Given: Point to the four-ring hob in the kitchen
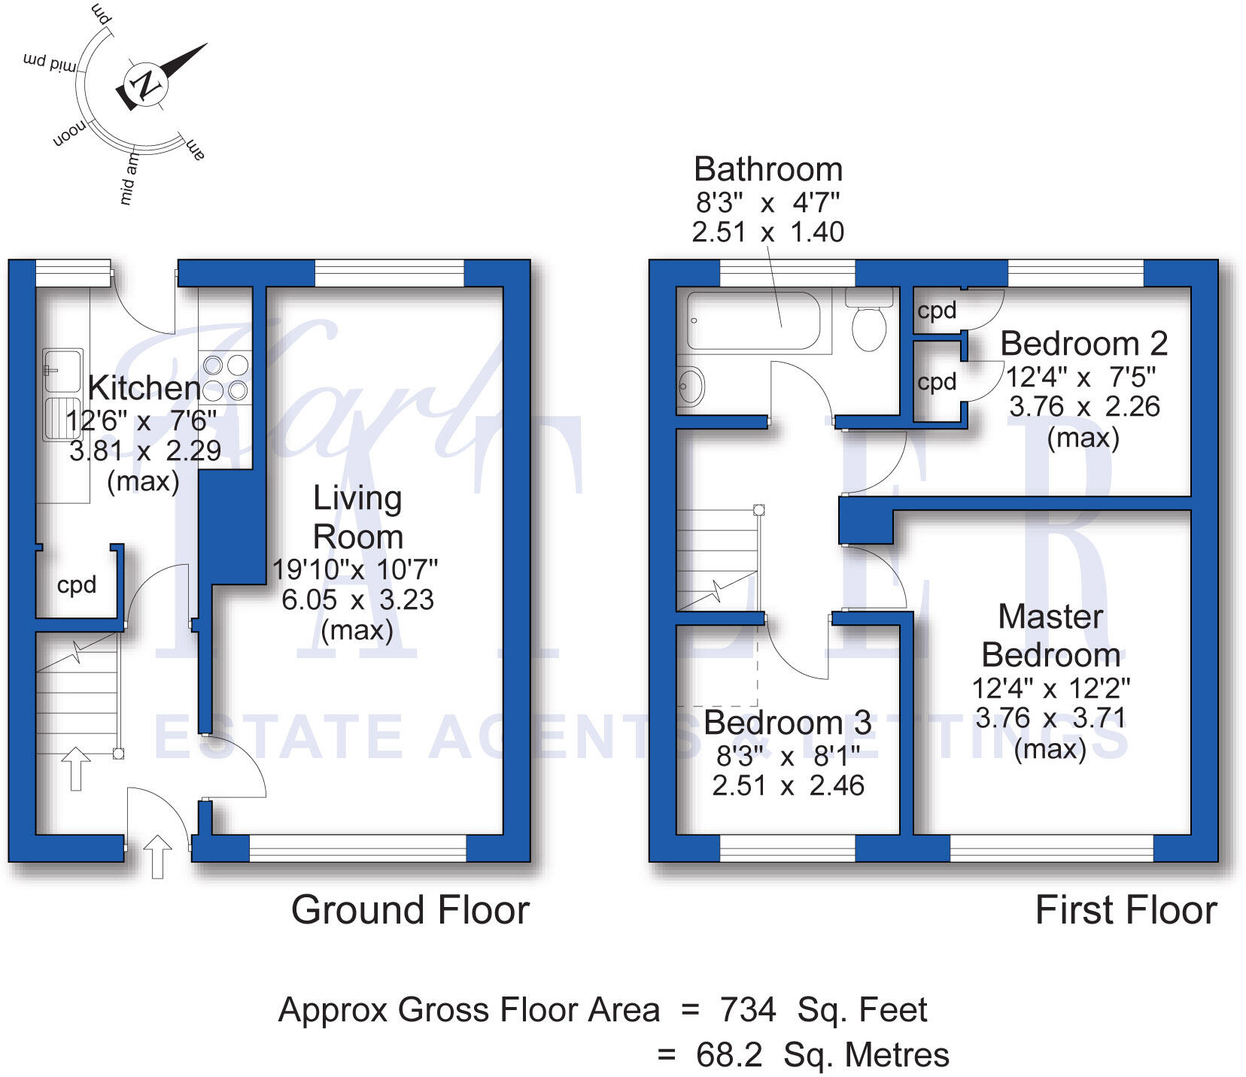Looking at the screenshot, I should [225, 378].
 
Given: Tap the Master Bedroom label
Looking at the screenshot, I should [1051, 636].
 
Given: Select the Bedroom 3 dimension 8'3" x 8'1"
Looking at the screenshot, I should [788, 756].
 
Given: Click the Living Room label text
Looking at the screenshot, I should [357, 517].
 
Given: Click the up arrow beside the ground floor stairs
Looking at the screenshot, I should [75, 767].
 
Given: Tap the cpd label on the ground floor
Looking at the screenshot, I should [77, 585].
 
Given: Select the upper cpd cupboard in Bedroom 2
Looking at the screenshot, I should [937, 311].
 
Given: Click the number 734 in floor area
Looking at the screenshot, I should [748, 1009].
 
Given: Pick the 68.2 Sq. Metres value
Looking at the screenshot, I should [822, 1055].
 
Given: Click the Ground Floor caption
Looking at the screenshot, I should [410, 910].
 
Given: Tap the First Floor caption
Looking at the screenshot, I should [1126, 910].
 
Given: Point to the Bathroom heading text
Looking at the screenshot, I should [767, 169].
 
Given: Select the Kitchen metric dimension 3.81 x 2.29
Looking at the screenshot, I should [145, 451].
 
